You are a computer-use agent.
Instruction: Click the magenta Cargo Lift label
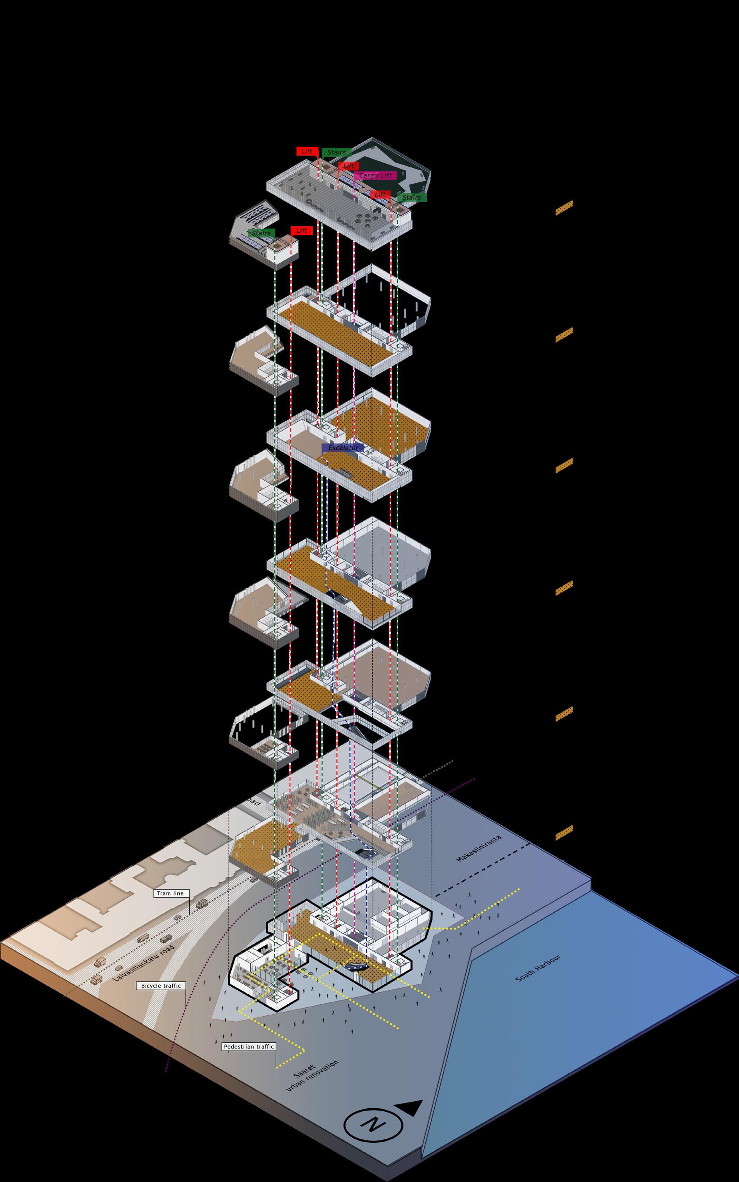point(375,175)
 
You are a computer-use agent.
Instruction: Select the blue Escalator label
point(343,447)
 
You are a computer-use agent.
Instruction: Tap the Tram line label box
point(170,893)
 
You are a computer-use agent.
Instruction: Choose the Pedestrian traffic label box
point(248,1047)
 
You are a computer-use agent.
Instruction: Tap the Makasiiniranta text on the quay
point(479,848)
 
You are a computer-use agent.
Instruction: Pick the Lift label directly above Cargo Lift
point(349,166)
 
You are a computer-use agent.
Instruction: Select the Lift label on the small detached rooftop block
point(302,231)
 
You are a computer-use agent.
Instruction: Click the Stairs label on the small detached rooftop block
point(261,233)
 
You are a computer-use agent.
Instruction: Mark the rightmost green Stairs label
point(411,198)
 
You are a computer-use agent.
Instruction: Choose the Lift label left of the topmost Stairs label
point(307,151)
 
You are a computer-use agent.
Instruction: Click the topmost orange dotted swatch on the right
point(564,207)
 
